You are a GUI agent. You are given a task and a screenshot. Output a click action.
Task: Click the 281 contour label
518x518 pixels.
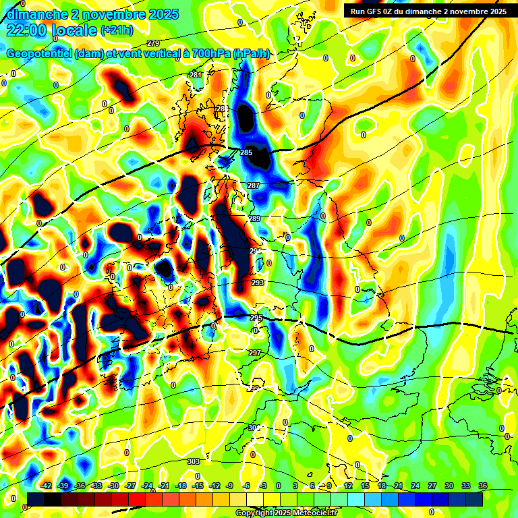(196, 75)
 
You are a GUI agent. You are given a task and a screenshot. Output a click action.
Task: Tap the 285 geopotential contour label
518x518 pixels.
(246, 153)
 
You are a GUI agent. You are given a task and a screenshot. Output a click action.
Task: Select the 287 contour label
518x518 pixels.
(254, 185)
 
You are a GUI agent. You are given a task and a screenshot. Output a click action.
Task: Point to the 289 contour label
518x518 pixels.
(254, 219)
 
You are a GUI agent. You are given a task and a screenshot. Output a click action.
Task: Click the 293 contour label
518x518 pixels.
(257, 283)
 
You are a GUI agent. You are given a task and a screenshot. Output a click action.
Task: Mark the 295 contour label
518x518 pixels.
(256, 318)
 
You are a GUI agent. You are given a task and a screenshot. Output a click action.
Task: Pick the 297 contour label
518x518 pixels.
(254, 353)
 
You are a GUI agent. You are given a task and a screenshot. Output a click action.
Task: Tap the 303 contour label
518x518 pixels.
(193, 461)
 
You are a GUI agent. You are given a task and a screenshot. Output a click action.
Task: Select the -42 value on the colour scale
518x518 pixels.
(47, 486)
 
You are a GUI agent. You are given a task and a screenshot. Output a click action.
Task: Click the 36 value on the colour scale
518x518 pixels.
(483, 486)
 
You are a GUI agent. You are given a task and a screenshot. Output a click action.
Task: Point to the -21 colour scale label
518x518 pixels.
(164, 486)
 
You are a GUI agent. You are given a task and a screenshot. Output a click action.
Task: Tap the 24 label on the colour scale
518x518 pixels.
(415, 486)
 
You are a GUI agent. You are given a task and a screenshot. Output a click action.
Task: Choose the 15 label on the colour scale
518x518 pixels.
(364, 486)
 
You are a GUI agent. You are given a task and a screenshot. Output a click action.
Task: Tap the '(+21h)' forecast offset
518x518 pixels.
(117, 30)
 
